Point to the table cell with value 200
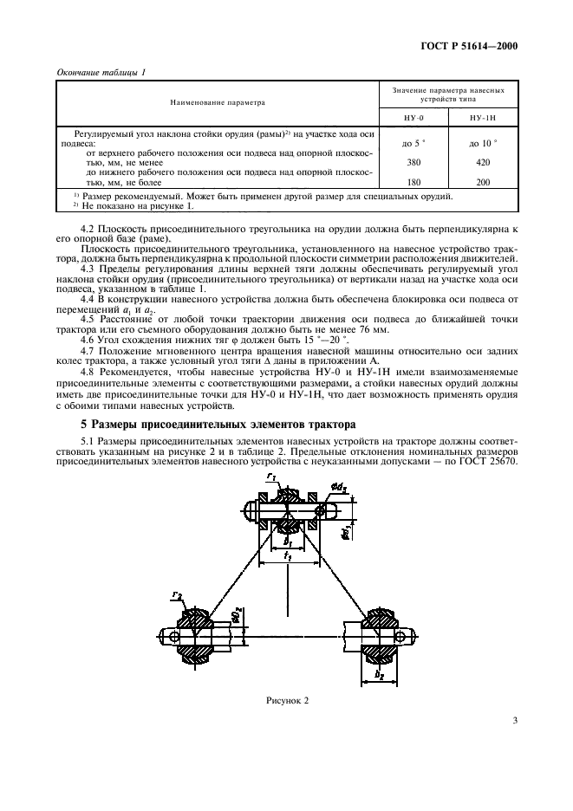coord(483,183)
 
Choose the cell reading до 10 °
coord(483,141)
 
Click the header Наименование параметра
coord(217,101)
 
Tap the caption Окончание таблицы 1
coord(100,72)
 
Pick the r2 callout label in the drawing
coord(176,598)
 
